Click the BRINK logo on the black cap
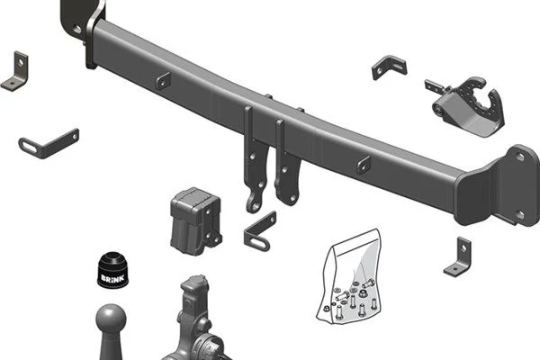point(112,278)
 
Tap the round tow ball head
point(111,318)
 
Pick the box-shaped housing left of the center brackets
point(195,221)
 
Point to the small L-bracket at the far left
point(15,72)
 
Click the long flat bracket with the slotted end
point(49,144)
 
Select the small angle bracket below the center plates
point(260,232)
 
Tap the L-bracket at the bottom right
point(458,256)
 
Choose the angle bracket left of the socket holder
point(389,67)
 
